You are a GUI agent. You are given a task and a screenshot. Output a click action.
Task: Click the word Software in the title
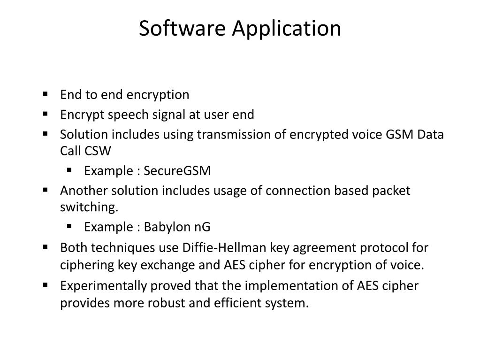coord(183,28)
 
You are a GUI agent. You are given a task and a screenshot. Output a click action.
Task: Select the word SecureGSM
coord(177,171)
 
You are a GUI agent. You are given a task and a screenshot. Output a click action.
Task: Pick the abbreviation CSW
coord(99,151)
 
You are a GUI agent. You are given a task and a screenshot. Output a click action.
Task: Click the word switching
coord(87,207)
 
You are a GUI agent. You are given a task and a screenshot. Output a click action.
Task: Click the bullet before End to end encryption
coord(46,94)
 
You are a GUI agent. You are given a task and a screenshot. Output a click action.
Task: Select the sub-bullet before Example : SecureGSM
coord(69,170)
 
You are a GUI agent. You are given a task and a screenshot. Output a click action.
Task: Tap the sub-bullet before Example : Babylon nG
coord(69,226)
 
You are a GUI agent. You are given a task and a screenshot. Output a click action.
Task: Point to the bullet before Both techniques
coord(46,246)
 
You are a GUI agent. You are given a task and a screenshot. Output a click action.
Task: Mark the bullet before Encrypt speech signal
coord(46,114)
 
